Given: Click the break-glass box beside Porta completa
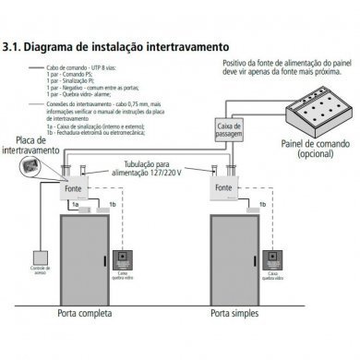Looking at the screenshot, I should [125, 260].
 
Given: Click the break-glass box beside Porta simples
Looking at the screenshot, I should [276, 260].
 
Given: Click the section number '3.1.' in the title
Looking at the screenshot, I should [15, 44].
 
